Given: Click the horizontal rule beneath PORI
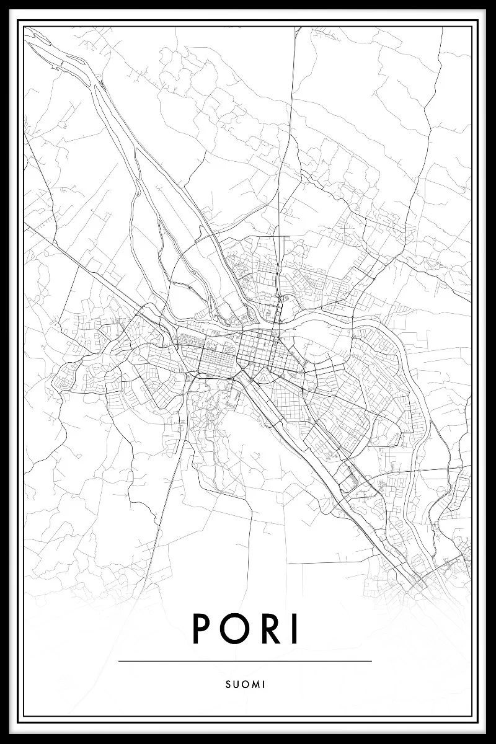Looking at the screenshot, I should tap(245, 661).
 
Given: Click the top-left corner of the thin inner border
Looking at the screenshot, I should tap(24, 27).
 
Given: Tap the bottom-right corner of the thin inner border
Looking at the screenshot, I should tap(472, 717).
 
